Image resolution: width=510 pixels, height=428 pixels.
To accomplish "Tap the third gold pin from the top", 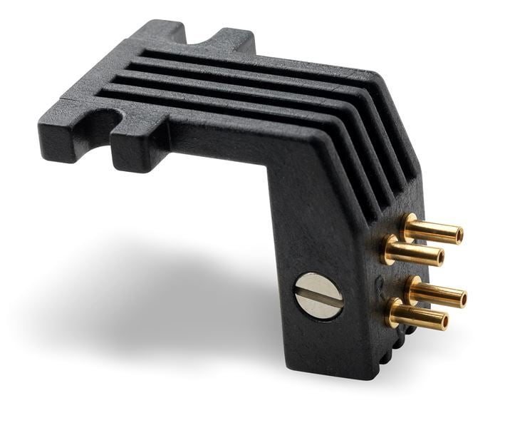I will [436, 292].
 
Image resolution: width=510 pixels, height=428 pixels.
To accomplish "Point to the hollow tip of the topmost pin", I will [459, 234].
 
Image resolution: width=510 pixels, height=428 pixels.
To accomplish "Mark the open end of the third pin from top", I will [462, 297].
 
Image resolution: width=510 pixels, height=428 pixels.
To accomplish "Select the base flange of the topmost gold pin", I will [407, 224].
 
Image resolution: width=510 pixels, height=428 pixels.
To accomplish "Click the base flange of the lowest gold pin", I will [393, 311].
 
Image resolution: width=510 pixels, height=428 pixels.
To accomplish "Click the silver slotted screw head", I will [318, 296].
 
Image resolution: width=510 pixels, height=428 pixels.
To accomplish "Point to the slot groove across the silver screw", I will [318, 296].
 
